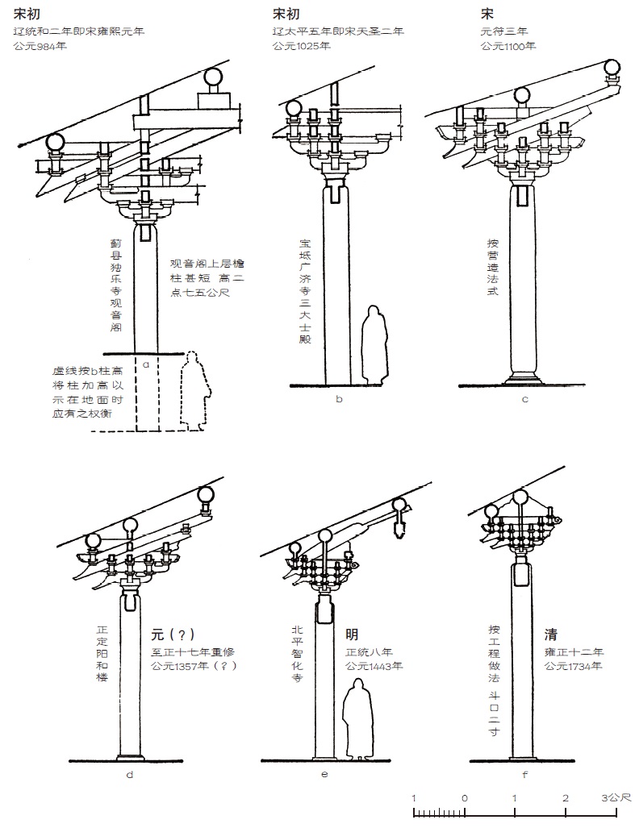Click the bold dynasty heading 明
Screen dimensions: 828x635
tap(352, 634)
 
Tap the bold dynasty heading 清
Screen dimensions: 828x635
tap(551, 634)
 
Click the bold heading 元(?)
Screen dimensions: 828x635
tap(173, 634)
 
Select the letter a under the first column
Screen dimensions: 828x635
tap(146, 364)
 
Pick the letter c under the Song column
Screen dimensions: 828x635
tap(525, 398)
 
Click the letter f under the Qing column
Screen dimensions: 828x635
tap(525, 775)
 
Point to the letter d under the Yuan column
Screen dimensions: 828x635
tap(129, 775)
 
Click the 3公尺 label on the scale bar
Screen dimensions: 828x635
tap(615, 798)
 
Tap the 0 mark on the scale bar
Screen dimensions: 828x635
tap(465, 798)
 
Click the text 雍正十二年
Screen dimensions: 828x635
tap(574, 651)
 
